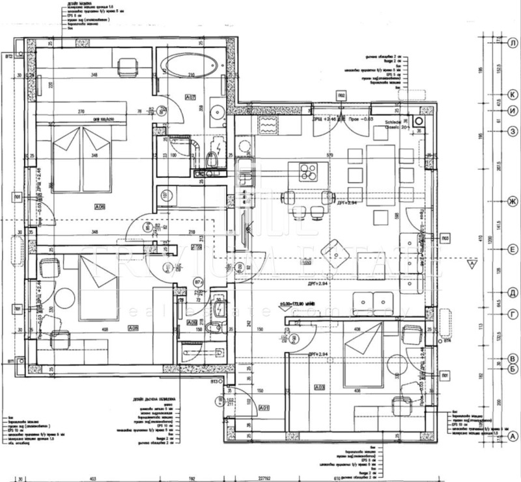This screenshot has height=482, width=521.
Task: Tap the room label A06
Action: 100,206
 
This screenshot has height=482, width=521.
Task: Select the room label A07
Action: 191,98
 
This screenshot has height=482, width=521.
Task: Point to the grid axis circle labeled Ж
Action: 513,203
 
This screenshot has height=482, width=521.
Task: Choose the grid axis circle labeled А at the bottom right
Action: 513,436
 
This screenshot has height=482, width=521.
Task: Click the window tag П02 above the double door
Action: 341,96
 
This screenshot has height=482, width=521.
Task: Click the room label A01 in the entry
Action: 264,408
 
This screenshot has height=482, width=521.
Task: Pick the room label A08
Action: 133,328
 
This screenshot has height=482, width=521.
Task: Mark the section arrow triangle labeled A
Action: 470,264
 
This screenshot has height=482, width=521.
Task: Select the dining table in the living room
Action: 380,168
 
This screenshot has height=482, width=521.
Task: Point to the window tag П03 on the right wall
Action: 445,238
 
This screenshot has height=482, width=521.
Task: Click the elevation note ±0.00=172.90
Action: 302,304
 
